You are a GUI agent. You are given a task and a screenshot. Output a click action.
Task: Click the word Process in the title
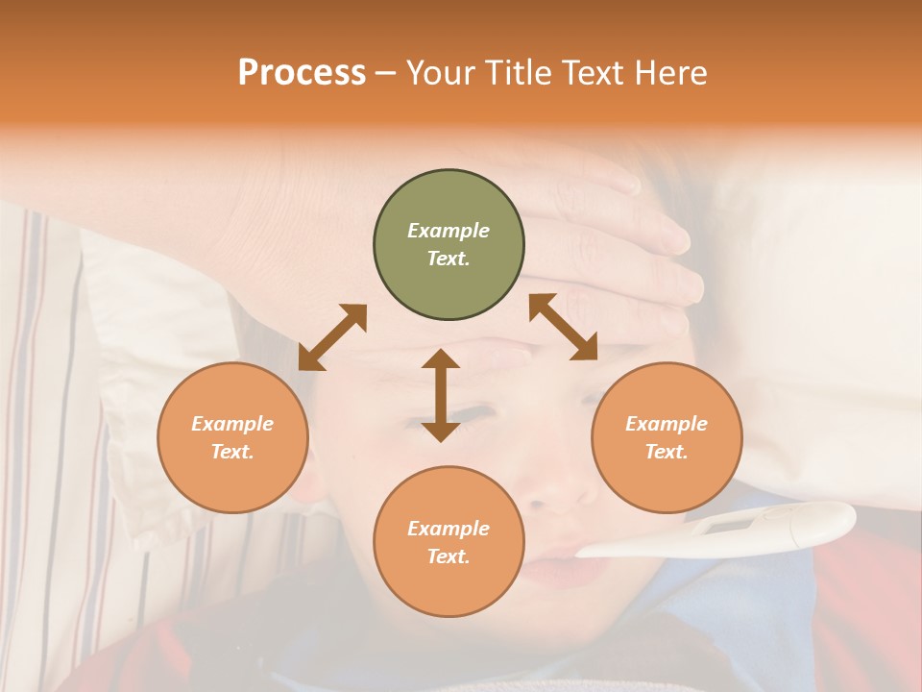pyautogui.click(x=302, y=72)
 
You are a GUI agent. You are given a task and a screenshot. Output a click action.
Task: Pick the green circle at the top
pyautogui.click(x=449, y=245)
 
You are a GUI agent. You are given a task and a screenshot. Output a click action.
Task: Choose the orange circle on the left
pyautogui.click(x=232, y=437)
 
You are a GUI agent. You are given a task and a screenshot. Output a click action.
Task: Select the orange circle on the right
pyautogui.click(x=667, y=437)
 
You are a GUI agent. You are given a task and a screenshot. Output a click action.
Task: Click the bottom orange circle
pyautogui.click(x=449, y=542)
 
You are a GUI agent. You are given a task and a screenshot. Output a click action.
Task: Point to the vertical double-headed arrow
pyautogui.click(x=441, y=395)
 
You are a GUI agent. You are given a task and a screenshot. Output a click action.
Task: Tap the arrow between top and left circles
pyautogui.click(x=332, y=337)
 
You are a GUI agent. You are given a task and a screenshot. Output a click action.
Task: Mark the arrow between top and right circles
pyautogui.click(x=563, y=327)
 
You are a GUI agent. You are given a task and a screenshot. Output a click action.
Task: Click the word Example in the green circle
pyautogui.click(x=449, y=231)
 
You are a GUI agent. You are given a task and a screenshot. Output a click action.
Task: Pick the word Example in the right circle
pyautogui.click(x=667, y=424)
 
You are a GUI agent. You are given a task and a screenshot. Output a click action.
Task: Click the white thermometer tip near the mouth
pyautogui.click(x=586, y=551)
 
